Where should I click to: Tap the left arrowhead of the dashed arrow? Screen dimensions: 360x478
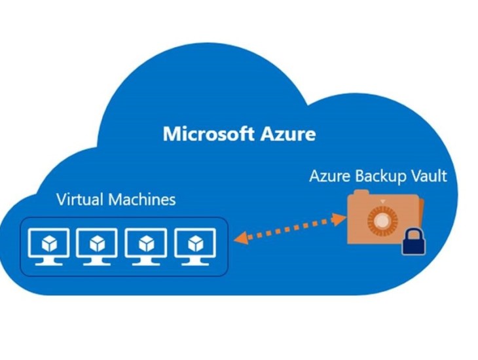(240, 242)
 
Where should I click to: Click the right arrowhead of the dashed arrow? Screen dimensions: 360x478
(340, 219)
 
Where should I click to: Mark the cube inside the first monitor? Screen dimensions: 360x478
(50, 243)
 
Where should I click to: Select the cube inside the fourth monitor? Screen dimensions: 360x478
(193, 243)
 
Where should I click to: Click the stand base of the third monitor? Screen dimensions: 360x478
(145, 264)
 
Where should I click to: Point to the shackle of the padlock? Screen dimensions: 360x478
(412, 232)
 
